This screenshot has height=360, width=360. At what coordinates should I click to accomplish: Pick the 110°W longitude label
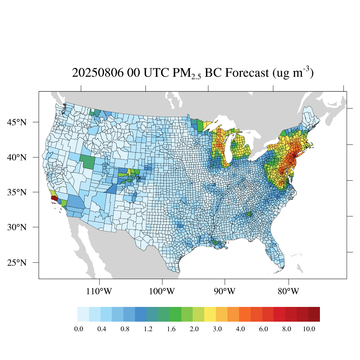(100, 291)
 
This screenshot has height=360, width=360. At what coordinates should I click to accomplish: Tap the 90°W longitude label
(225, 291)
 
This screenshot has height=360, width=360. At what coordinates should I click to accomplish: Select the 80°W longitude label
(289, 291)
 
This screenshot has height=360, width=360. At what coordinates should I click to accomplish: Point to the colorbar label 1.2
(148, 329)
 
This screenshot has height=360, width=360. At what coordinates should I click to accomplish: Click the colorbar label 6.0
(264, 329)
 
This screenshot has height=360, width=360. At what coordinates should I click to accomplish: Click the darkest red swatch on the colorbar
(314, 314)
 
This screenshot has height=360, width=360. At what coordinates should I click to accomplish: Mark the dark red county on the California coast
(54, 198)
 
